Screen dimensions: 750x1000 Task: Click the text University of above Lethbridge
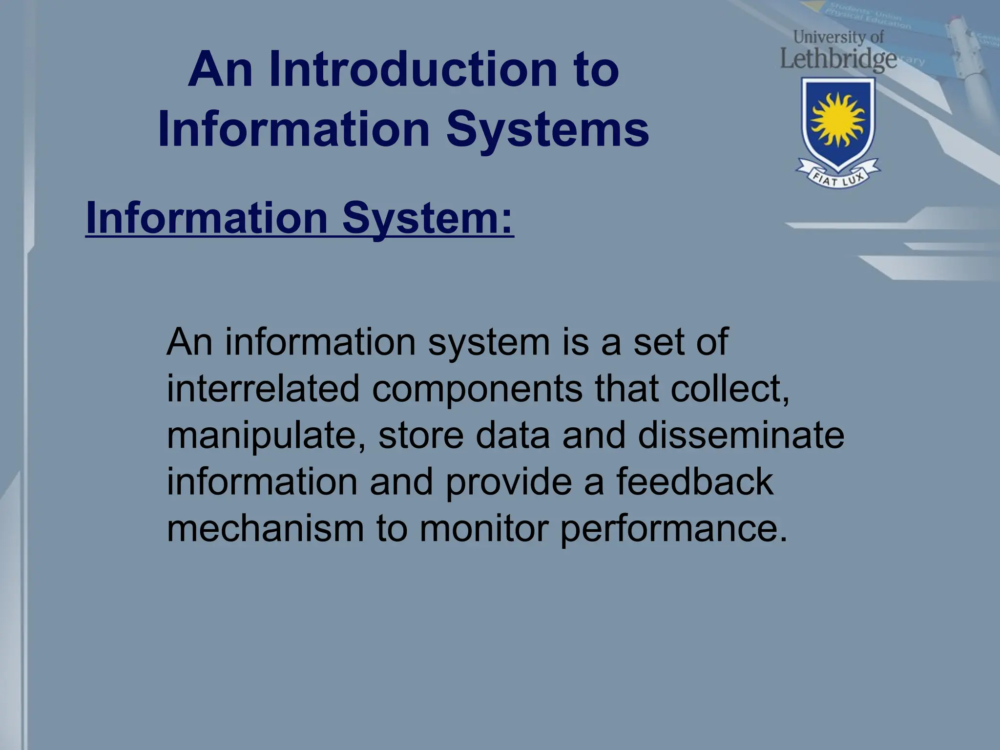coord(838,37)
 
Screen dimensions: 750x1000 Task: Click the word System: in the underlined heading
coord(427,218)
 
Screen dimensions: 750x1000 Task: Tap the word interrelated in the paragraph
coord(263,389)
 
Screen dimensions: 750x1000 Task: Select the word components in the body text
coord(477,389)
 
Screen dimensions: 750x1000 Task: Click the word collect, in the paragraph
coord(729,389)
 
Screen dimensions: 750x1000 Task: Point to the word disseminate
coord(740,436)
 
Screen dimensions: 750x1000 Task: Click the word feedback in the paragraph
coord(694,481)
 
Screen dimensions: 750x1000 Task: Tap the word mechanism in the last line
coord(265,528)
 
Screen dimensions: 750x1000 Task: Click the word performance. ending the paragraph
coord(673,529)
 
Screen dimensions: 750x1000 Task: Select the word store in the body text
coord(420,436)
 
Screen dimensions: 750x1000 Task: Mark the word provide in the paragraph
coord(508,482)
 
